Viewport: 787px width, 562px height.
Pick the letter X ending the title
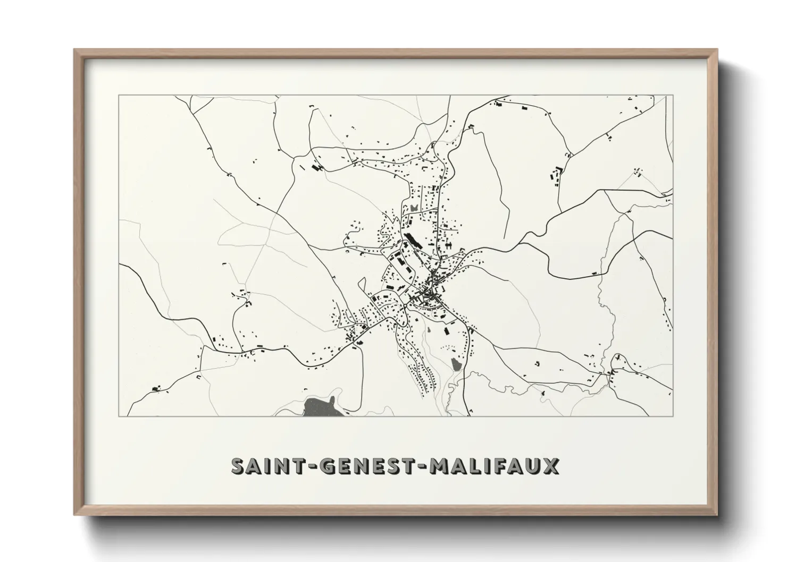pyautogui.click(x=550, y=466)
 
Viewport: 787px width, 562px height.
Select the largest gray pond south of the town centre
pyautogui.click(x=456, y=364)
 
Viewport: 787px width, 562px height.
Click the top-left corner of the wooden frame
pyautogui.click(x=75, y=50)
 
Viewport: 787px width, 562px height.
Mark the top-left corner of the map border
pyautogui.click(x=119, y=95)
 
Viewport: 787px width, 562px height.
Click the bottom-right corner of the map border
pyautogui.click(x=673, y=416)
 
